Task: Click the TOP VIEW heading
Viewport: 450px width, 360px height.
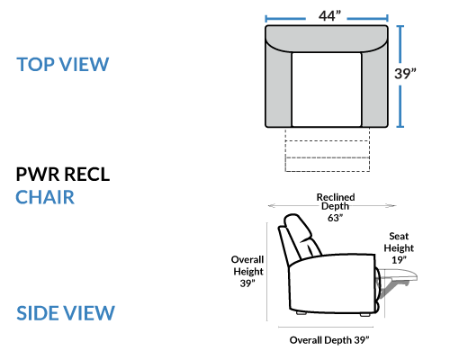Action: (x=63, y=64)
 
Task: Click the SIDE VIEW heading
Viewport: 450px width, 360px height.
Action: (x=66, y=313)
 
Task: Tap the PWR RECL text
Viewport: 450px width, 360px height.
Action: (x=63, y=175)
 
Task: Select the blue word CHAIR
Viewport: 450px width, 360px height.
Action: (x=45, y=197)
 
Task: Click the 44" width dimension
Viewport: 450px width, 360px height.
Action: (x=329, y=16)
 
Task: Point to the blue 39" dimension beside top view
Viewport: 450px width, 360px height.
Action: (x=405, y=74)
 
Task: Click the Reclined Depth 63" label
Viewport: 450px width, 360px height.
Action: (x=336, y=207)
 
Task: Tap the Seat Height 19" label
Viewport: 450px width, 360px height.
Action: (x=399, y=247)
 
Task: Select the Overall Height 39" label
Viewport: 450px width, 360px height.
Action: (x=247, y=271)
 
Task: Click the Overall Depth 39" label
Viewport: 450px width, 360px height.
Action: (x=329, y=340)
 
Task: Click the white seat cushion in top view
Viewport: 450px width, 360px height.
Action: (x=327, y=90)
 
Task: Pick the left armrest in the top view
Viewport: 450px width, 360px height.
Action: (x=278, y=88)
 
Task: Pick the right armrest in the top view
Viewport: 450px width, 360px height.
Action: (x=374, y=88)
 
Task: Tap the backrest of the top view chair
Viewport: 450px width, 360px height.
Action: (x=327, y=38)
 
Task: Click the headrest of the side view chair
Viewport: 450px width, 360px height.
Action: (x=298, y=227)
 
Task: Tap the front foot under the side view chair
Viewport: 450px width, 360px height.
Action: (x=364, y=315)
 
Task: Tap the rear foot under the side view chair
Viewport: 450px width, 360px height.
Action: (x=301, y=312)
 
